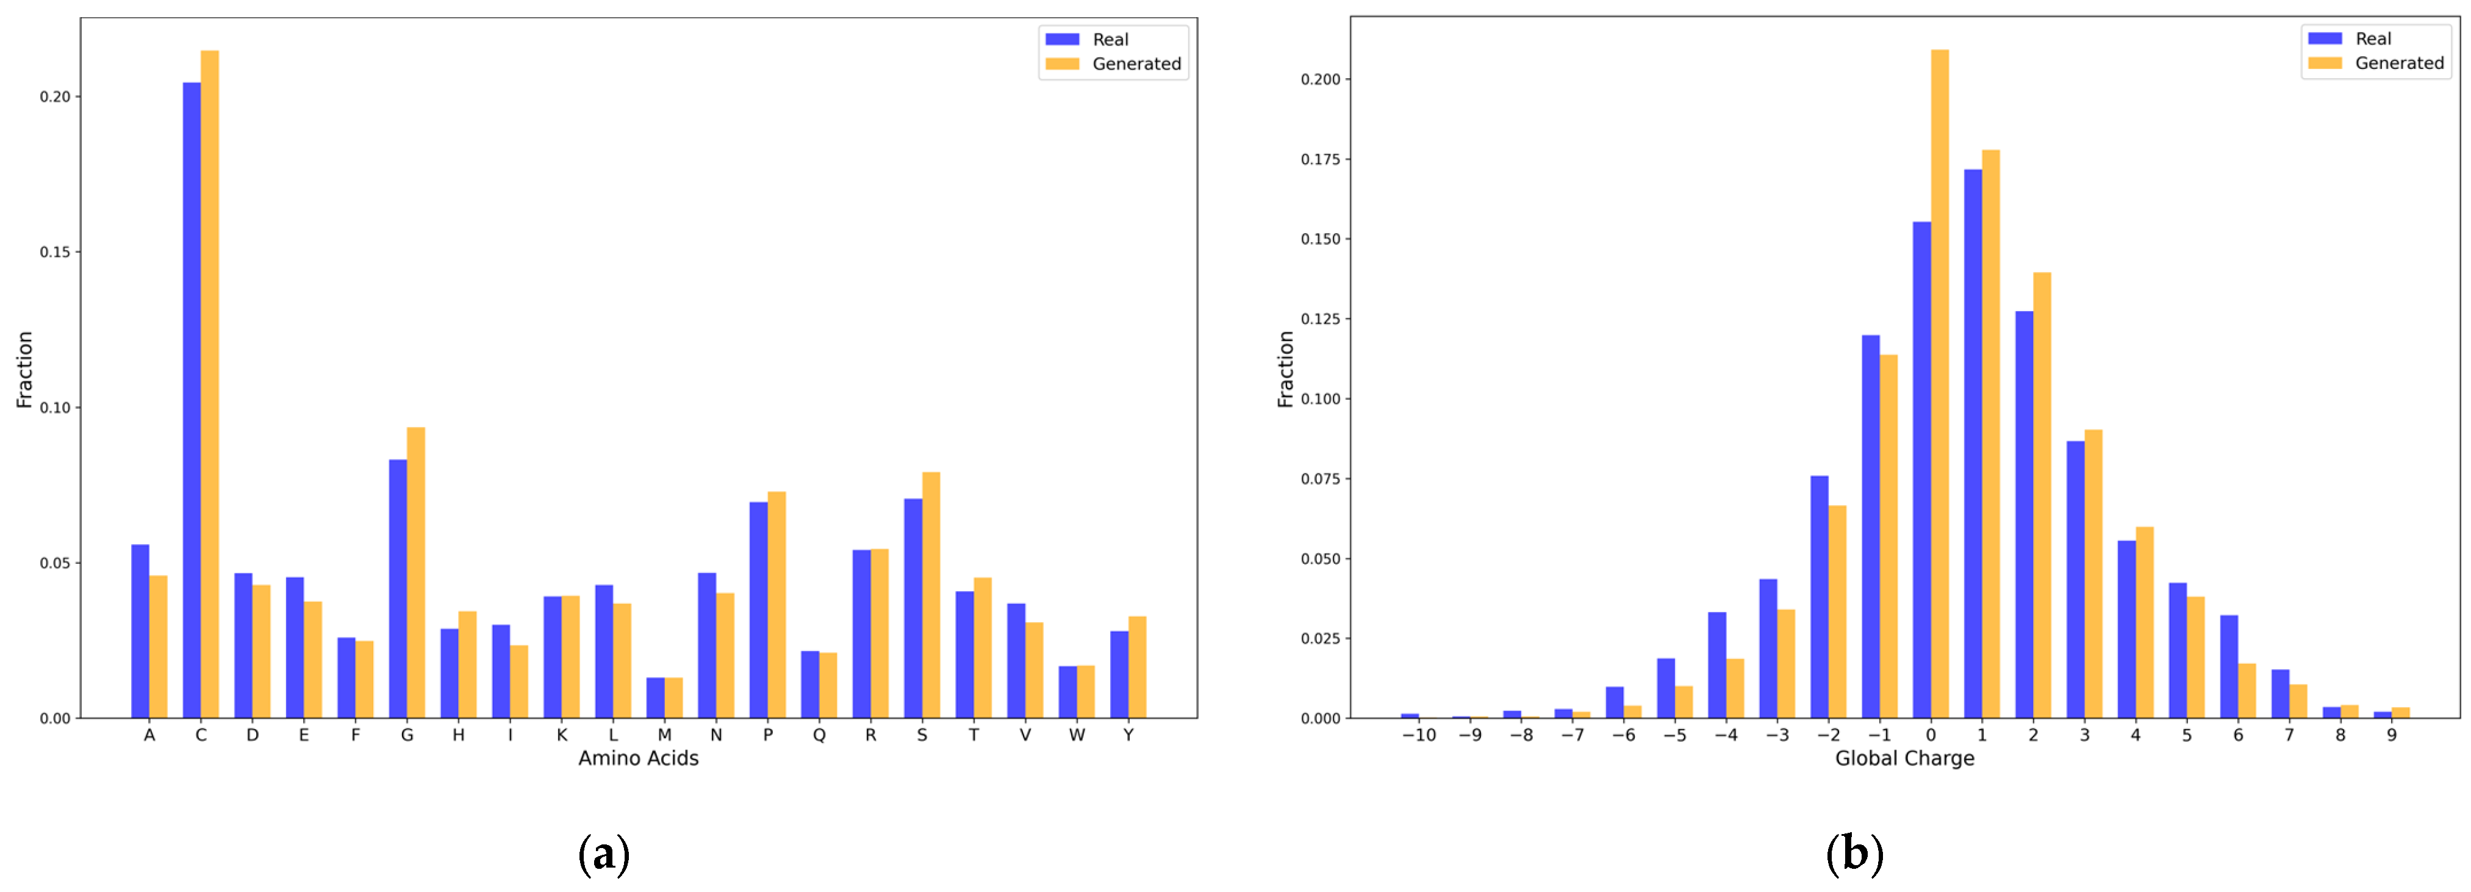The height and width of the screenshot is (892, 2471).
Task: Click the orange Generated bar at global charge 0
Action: tap(1940, 384)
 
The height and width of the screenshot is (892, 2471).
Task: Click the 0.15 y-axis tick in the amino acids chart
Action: tap(55, 252)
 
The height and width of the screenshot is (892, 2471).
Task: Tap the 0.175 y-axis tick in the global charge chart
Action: tap(1320, 159)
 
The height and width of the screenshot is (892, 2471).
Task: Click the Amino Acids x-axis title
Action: tap(638, 758)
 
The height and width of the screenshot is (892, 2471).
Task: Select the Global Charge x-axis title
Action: tap(1904, 758)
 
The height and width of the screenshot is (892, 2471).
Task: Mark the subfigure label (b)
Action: tap(1854, 854)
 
